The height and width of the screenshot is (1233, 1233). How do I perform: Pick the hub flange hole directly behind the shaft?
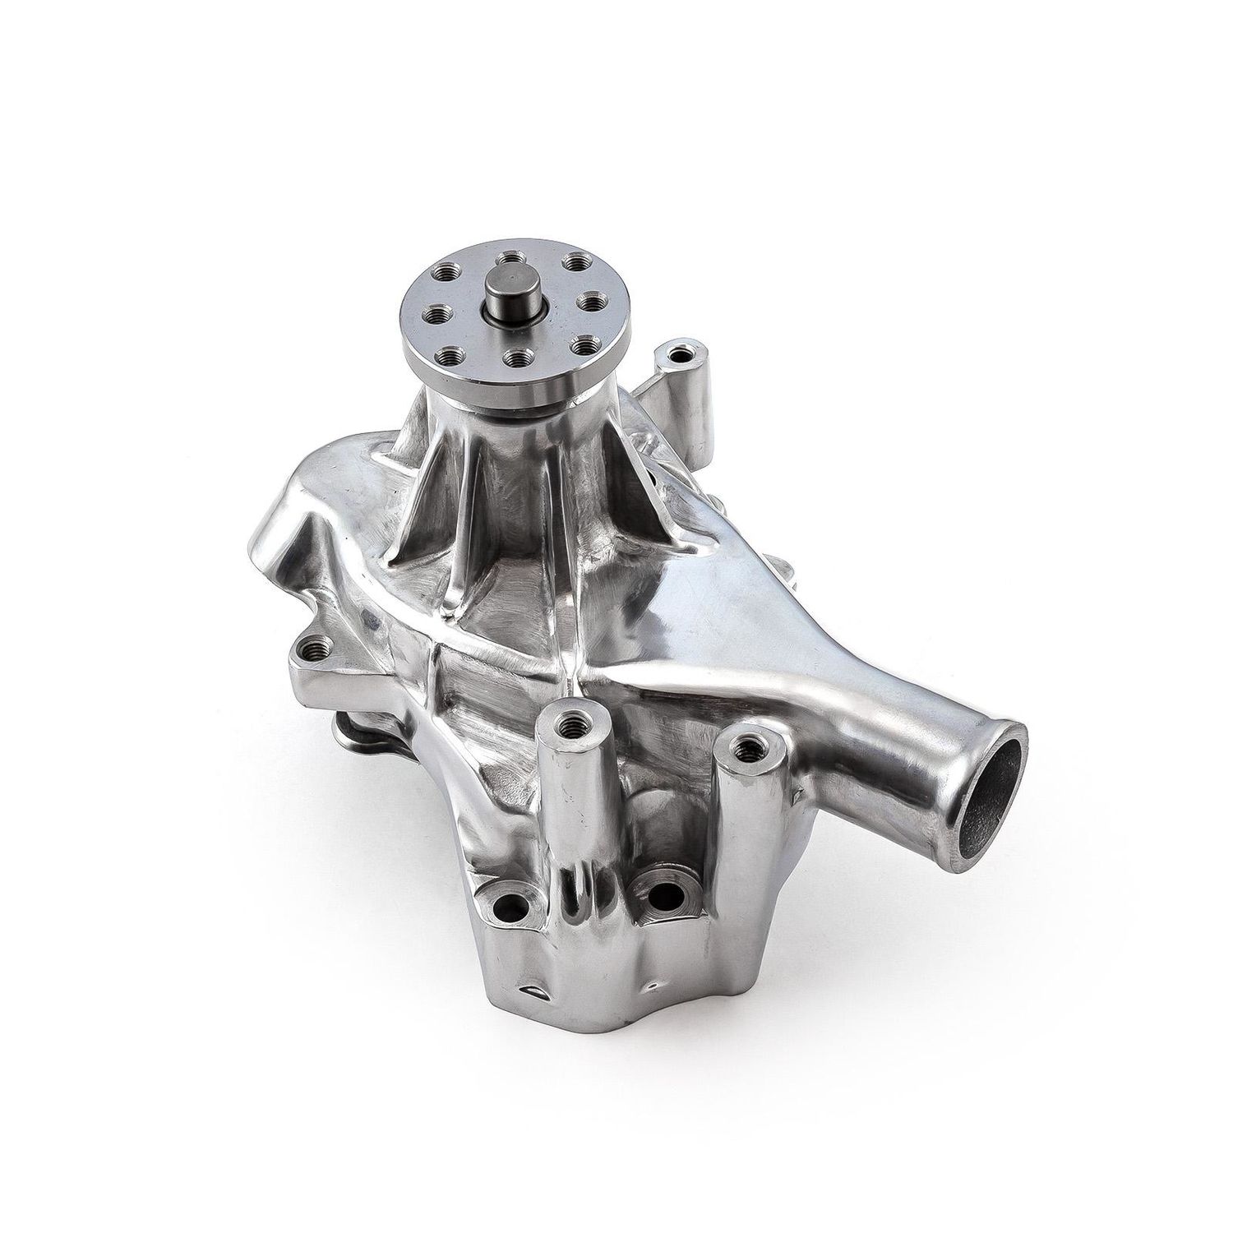(x=512, y=260)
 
